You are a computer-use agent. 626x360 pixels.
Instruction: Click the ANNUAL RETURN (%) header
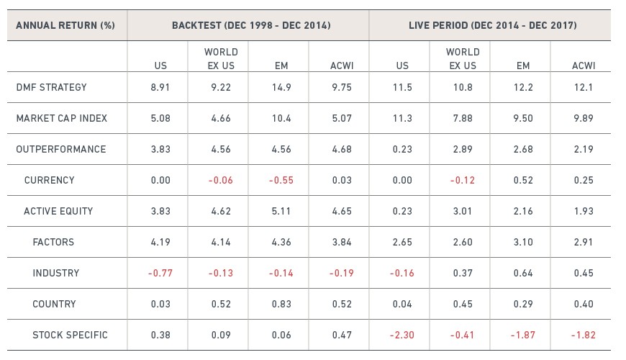coord(65,26)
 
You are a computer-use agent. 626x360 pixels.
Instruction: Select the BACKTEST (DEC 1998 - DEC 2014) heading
coord(251,26)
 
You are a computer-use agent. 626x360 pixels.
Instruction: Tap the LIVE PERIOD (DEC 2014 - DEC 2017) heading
coord(493,26)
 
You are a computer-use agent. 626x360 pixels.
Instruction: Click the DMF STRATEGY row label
coord(52,88)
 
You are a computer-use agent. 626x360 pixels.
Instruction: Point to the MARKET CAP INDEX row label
coord(62,118)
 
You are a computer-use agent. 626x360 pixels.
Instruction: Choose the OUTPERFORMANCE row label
coord(61,150)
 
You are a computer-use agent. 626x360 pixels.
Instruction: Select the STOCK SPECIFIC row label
coord(71,336)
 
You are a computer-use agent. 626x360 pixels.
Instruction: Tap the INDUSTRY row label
coord(56,274)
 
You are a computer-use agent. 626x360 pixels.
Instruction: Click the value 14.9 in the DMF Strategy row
coord(281,88)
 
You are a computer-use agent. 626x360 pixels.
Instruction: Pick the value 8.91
coord(160,88)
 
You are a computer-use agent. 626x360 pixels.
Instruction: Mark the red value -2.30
coord(402,336)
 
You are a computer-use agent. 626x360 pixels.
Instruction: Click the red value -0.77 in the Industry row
coord(160,274)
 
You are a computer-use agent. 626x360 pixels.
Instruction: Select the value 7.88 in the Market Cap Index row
coord(463,118)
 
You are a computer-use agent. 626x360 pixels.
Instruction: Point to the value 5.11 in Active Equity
coord(281,212)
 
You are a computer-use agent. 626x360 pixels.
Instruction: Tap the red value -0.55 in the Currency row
coord(281,180)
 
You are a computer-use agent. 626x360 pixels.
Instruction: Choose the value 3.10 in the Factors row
coord(523,242)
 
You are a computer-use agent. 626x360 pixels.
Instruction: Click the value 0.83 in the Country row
coord(281,304)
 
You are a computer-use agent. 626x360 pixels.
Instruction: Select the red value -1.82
coord(584,336)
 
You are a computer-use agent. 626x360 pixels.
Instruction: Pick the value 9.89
coord(584,118)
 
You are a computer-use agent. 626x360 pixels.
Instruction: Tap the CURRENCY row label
coord(50,180)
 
